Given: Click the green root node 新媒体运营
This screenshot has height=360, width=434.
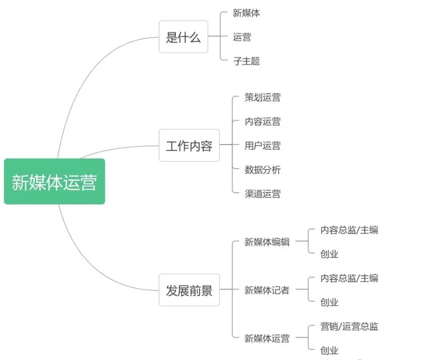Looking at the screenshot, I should (54, 182).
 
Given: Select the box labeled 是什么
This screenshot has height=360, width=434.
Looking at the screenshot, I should (183, 37).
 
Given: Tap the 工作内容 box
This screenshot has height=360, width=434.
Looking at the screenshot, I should (189, 146).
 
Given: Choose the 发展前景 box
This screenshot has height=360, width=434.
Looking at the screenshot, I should (189, 290).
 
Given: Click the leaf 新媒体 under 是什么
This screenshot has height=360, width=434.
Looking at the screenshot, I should (246, 13).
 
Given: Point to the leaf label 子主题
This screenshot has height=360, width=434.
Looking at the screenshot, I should (246, 61).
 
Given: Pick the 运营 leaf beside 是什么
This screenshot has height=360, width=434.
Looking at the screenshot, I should (242, 37).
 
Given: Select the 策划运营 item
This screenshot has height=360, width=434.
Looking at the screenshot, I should (263, 97).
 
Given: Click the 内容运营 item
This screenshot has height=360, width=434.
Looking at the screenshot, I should (263, 121).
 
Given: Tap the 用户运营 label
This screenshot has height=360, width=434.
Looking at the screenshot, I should (263, 146).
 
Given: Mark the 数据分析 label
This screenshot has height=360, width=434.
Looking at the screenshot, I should (263, 170).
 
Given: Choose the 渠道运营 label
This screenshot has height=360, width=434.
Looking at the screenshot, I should (263, 194).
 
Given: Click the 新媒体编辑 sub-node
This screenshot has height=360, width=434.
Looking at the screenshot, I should (267, 242).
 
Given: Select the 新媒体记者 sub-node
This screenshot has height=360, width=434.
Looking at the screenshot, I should (267, 290).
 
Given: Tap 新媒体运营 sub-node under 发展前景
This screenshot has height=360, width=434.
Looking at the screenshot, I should (267, 338).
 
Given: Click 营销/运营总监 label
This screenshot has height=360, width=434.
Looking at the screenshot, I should (349, 326).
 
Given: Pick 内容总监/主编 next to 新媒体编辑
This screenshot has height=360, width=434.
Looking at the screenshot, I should (349, 230).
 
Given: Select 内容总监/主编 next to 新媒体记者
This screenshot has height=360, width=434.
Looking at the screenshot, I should (349, 278).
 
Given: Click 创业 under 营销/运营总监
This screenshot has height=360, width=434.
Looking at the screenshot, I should (330, 350).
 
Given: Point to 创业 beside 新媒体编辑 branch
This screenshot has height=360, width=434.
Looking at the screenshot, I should (330, 254).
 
